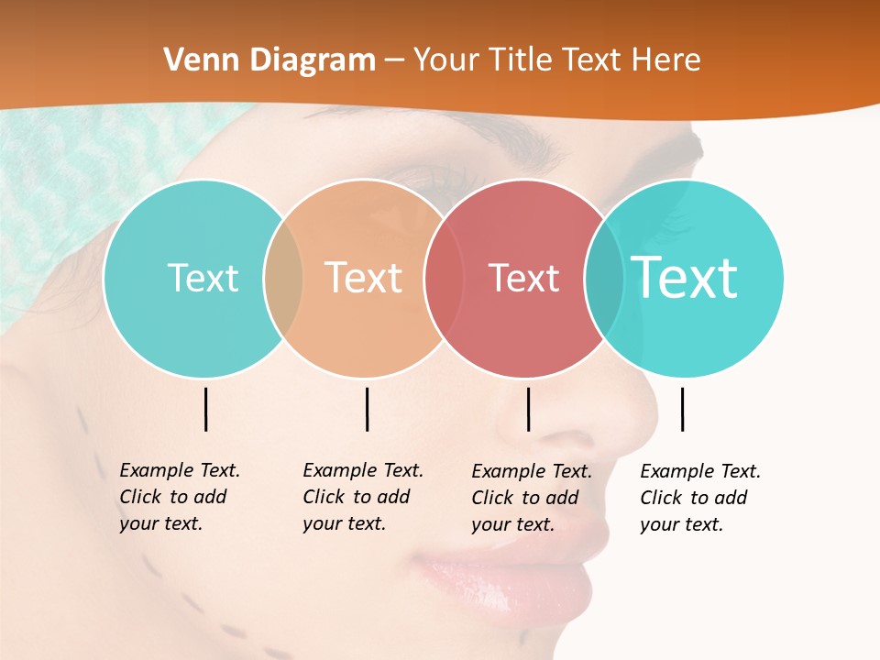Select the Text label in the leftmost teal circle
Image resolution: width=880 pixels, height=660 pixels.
point(203,278)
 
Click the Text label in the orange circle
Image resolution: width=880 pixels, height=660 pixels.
point(364,278)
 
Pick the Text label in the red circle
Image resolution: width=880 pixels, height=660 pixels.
point(523,278)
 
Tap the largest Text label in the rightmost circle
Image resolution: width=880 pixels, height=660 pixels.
point(684,278)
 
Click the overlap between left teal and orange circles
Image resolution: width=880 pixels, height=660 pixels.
point(283,278)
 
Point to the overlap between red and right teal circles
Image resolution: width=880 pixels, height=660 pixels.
point(604,278)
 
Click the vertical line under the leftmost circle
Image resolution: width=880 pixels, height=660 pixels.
point(205,409)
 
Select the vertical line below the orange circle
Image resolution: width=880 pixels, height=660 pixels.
point(367,409)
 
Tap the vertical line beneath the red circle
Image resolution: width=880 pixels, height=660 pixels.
point(528,409)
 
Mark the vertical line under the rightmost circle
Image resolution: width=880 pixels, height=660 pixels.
point(682,409)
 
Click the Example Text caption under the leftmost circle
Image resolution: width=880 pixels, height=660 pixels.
point(179,497)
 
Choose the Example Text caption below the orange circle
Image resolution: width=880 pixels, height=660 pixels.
point(362,497)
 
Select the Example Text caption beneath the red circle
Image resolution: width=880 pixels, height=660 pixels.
point(531,498)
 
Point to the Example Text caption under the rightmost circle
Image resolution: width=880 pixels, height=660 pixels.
point(699,498)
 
